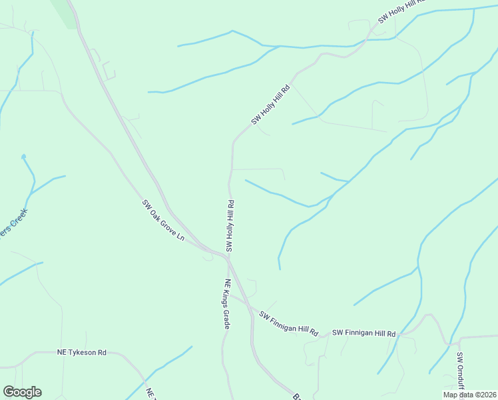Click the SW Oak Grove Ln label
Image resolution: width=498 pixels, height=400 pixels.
(162, 220)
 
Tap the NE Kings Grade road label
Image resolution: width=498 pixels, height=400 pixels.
(227, 304)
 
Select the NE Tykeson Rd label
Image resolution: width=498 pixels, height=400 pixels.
(81, 351)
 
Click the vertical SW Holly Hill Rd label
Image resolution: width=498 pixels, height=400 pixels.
(230, 225)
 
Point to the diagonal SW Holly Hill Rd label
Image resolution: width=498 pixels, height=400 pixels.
(272, 105)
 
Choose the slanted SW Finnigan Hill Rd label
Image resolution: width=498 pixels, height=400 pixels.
(288, 323)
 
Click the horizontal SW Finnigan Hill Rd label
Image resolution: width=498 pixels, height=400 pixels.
(364, 333)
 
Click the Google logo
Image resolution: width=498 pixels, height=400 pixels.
(22, 392)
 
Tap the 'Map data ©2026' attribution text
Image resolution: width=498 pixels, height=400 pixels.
(469, 395)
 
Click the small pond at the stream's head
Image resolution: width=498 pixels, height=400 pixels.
(23, 157)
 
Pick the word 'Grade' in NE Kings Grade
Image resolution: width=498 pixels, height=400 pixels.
(226, 318)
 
